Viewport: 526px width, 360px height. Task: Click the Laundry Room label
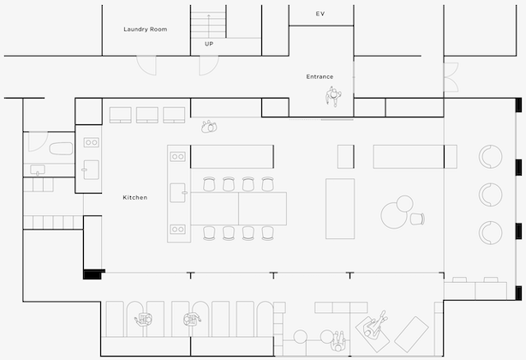click(x=146, y=29)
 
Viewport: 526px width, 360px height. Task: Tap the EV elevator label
click(x=320, y=14)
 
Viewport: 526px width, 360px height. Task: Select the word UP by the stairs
click(x=209, y=44)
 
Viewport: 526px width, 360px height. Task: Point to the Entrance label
click(x=320, y=76)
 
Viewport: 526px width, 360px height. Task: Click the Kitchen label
click(x=134, y=197)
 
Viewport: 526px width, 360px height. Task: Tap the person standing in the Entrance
click(x=333, y=96)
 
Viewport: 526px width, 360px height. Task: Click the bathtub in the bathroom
click(x=61, y=148)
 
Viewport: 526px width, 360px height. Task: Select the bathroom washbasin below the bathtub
click(x=38, y=170)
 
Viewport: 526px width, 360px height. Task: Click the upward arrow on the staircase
click(x=209, y=26)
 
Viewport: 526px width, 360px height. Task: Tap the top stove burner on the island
click(x=177, y=156)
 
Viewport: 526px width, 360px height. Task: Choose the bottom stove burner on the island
click(x=177, y=229)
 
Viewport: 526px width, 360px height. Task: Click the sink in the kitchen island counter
click(x=178, y=193)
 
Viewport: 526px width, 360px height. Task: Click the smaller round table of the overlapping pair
click(x=405, y=204)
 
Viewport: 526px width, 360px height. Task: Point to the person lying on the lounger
click(x=376, y=324)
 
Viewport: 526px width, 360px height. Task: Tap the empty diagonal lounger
click(x=411, y=334)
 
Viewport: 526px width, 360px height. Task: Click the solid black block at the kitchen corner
click(x=93, y=274)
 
